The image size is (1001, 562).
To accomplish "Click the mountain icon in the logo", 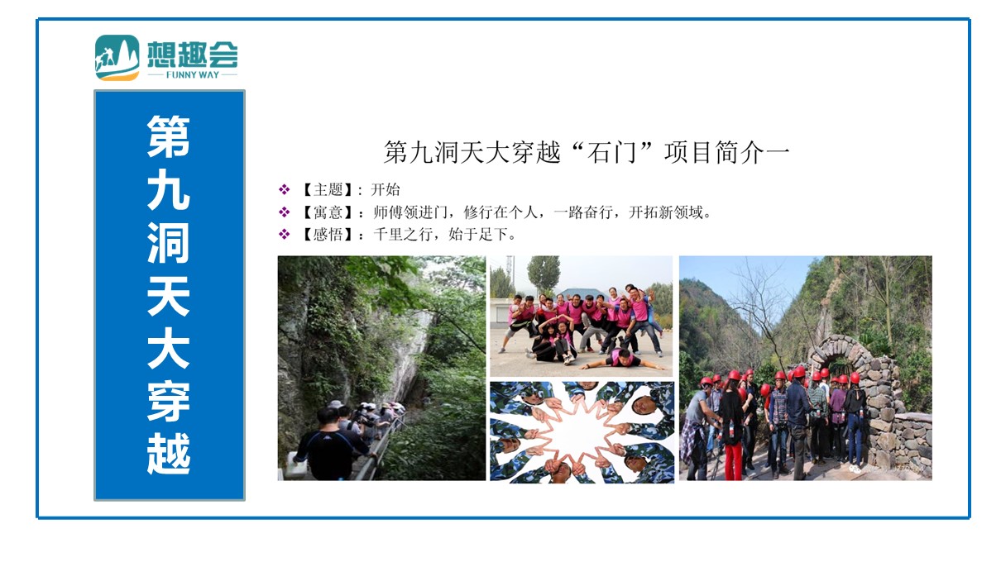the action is (117, 58).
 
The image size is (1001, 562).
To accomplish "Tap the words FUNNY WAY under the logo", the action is (193, 75).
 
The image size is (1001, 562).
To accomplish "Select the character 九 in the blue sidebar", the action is (169, 190).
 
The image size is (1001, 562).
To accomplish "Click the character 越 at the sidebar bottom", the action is (169, 454).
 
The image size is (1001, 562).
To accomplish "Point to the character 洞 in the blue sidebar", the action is (169, 242).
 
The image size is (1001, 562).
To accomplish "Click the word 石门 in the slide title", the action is (611, 153).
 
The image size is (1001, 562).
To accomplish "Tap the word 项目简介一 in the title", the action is (727, 153).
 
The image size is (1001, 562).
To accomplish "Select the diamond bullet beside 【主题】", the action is (284, 190).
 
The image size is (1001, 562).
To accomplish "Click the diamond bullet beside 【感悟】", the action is (284, 234).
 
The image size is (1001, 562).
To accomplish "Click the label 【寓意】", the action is (328, 212).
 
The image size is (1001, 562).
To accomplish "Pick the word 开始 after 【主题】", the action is (386, 190).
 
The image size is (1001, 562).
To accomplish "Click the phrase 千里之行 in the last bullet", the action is (403, 234).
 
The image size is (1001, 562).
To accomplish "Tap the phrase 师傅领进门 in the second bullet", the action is (410, 212).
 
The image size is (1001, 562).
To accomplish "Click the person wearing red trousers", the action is (732, 429).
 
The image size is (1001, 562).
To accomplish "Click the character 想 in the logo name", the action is (163, 55).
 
